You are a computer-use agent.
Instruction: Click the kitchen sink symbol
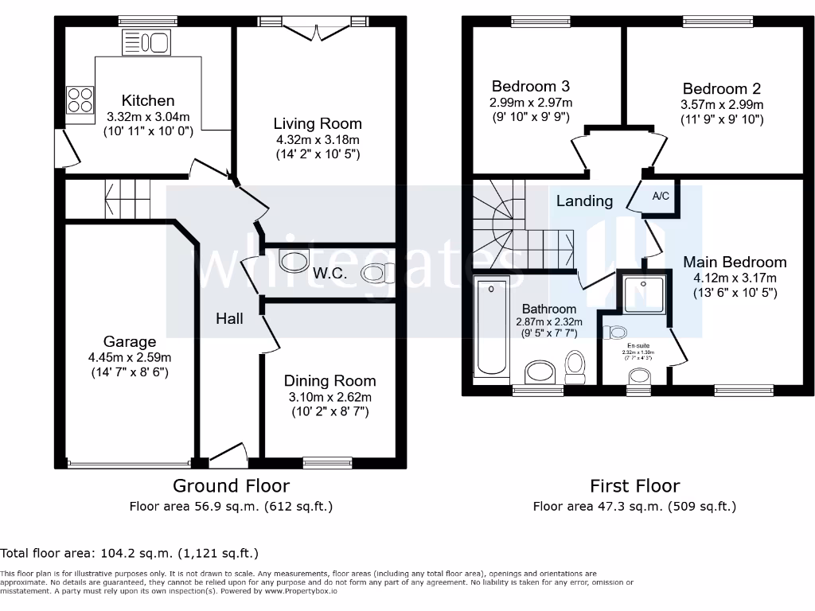(x=146, y=43)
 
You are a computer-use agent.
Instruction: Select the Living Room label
(x=318, y=123)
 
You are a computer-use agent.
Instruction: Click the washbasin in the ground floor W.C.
(x=295, y=259)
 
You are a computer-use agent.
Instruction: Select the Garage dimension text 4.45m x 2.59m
(x=130, y=357)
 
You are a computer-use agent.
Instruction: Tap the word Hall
(x=229, y=318)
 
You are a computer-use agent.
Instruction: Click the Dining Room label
(x=330, y=381)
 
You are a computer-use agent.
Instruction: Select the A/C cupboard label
(x=661, y=196)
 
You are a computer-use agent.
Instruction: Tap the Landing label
(x=584, y=200)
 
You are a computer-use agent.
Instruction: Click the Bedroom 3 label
(x=530, y=86)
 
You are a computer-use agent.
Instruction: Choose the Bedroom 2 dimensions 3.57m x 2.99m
(x=721, y=105)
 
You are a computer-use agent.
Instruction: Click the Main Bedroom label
(x=735, y=262)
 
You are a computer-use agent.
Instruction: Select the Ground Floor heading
(x=231, y=485)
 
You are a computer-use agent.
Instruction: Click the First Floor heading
(x=634, y=485)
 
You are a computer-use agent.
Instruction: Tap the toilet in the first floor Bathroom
(x=575, y=366)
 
